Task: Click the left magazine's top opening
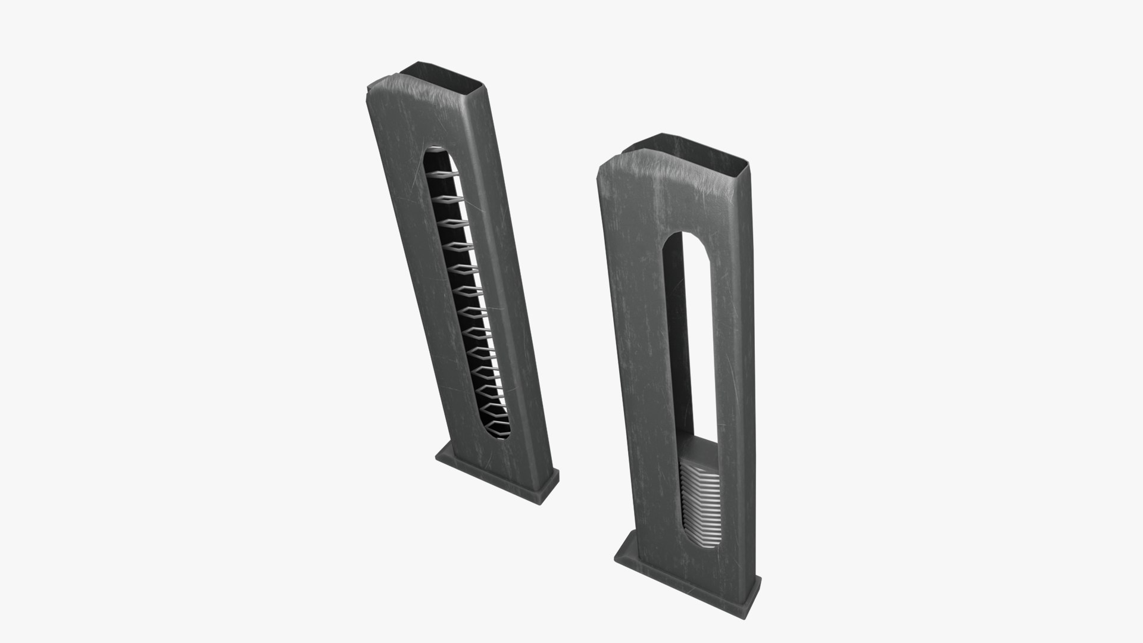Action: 444,76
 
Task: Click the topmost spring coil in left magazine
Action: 446,174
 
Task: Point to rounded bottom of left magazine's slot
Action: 498,438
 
